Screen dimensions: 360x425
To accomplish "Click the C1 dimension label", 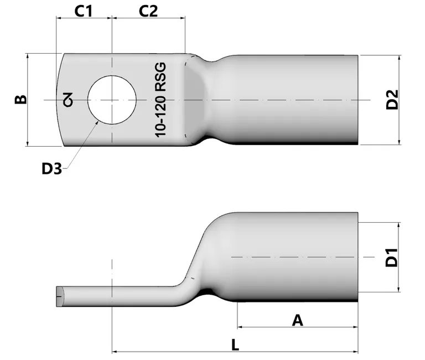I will pos(83,11).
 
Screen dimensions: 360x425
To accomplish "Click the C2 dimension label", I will pos(148,11).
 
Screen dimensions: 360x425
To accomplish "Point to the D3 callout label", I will pos(51,168).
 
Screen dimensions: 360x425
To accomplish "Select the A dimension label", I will pos(297,320).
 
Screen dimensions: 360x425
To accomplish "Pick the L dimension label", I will pos(235,344).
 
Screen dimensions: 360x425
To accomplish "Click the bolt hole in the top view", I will pos(112,100).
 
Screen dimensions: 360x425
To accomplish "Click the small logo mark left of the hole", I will pos(68,100).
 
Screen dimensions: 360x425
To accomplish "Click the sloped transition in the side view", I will pos(199,249).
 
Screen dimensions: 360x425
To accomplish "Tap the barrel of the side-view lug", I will pos(293,258).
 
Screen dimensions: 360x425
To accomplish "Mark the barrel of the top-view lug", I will pos(293,100).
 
